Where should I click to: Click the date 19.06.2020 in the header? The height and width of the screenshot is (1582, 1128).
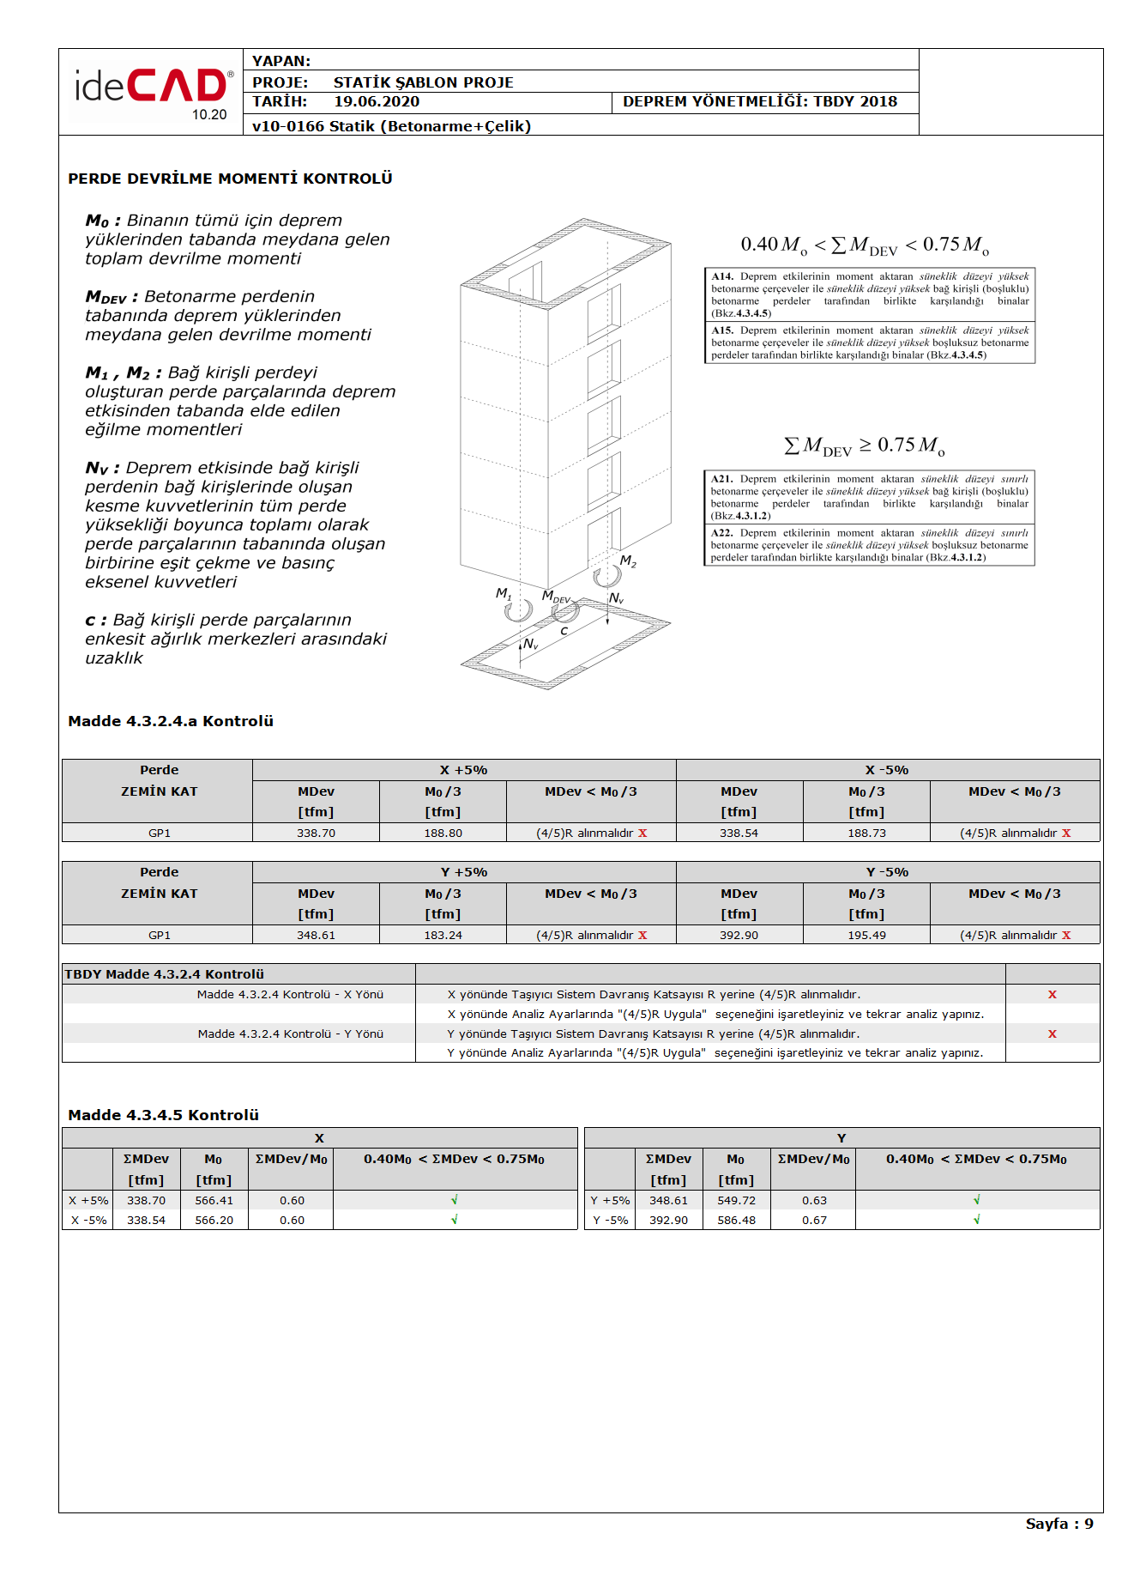click(377, 102)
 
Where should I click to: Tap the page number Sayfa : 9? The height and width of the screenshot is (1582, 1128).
click(1059, 1524)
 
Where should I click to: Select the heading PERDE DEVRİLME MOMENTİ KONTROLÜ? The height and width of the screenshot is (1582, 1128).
click(230, 179)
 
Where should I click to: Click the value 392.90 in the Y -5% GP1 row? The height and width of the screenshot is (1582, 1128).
click(739, 936)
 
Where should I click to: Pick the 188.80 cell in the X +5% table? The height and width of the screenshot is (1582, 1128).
click(443, 833)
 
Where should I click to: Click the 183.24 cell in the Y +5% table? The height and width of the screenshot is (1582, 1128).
click(443, 936)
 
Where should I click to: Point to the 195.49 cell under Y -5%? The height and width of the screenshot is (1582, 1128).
click(866, 936)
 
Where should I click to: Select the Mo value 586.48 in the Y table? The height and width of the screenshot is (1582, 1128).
click(736, 1221)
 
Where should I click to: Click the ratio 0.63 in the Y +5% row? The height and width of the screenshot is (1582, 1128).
click(814, 1201)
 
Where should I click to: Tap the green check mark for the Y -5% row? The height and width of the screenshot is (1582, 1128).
click(976, 1220)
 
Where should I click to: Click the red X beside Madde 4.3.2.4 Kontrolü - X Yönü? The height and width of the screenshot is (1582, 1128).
click(1052, 995)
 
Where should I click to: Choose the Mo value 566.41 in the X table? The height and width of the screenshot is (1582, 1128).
click(214, 1201)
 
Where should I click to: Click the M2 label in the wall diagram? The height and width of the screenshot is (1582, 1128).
click(628, 561)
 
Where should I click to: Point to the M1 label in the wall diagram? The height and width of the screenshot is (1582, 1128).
click(504, 593)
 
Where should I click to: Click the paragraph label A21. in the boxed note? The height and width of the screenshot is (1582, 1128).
click(721, 479)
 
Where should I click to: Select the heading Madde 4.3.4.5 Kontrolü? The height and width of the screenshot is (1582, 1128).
click(163, 1115)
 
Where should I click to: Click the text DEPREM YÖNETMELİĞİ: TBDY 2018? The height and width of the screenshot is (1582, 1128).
click(759, 102)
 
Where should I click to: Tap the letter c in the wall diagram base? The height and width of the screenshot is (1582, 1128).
click(564, 631)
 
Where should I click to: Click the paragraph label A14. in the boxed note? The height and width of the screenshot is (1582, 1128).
click(722, 276)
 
